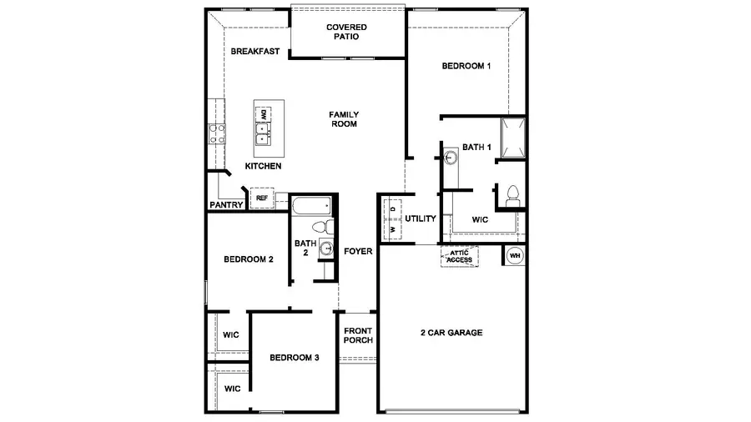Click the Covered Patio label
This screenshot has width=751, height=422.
346,32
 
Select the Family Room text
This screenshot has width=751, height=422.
343,118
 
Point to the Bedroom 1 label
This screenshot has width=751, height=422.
465,67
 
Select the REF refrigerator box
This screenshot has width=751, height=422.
261,198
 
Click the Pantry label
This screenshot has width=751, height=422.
225,204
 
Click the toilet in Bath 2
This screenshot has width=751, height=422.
320,227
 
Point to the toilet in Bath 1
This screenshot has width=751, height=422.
512,195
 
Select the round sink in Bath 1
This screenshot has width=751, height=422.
449,157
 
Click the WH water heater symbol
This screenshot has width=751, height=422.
514,255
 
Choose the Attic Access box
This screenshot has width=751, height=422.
460,256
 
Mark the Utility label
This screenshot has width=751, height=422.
421,219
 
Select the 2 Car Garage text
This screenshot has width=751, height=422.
451,333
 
